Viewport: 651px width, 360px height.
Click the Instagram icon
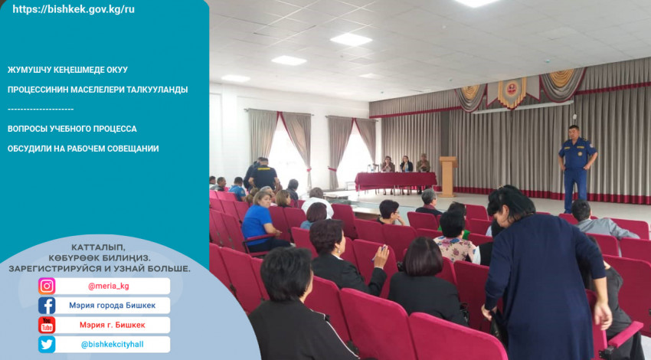[x=47, y=286]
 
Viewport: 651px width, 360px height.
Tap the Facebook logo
[x=47, y=306]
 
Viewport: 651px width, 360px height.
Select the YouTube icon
[x=47, y=325]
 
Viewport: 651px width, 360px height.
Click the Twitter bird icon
[x=47, y=345]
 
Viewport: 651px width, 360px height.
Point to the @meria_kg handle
[x=108, y=286]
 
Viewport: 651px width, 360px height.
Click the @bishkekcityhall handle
[x=112, y=345]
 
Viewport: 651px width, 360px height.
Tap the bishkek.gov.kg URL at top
[x=74, y=9]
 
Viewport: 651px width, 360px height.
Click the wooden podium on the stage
[x=448, y=176]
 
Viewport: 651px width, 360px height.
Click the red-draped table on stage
[x=396, y=181]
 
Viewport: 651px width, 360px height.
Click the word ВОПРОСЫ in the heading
[x=27, y=129]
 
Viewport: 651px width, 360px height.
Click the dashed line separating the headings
[x=41, y=110]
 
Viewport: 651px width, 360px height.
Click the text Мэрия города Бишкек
[x=112, y=306]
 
